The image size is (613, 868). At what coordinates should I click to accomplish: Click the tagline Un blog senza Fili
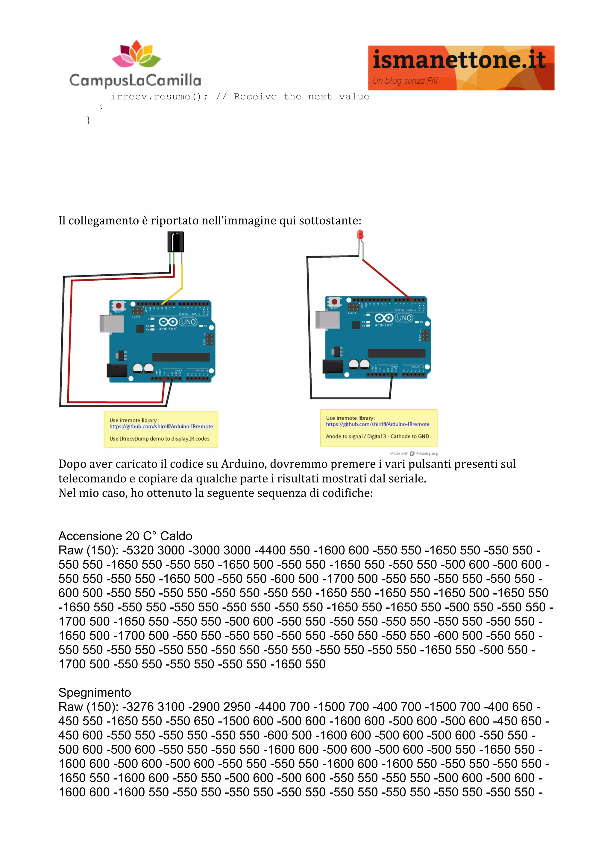(x=405, y=81)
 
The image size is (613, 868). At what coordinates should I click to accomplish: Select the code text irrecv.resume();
(x=159, y=97)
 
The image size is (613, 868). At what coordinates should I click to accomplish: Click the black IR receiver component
(x=175, y=242)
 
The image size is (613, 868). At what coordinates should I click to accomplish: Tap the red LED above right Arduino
(x=360, y=235)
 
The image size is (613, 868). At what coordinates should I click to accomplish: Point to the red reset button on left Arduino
(x=119, y=306)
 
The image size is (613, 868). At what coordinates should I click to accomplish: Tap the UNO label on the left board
(x=188, y=322)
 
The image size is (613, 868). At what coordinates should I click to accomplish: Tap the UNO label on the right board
(x=403, y=318)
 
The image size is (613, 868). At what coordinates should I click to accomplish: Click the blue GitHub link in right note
(x=377, y=424)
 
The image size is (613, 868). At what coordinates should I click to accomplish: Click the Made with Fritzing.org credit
(x=414, y=453)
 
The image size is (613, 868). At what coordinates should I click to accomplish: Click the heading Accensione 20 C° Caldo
(x=125, y=536)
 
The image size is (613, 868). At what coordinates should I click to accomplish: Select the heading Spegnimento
(x=94, y=692)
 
